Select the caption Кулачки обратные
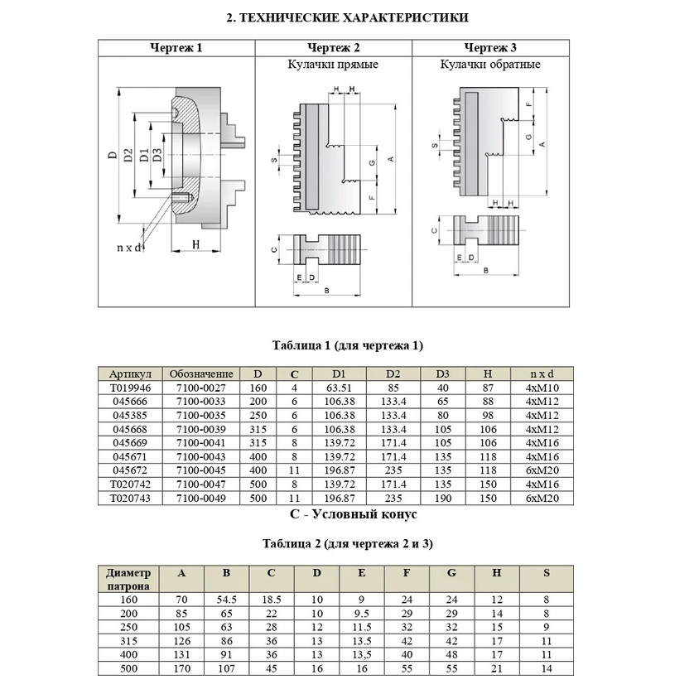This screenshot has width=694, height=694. coord(490,64)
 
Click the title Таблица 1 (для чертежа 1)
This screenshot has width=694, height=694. coord(347,345)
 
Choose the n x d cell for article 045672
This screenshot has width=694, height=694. coord(543,470)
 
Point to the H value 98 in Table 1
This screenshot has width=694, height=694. coord(488,415)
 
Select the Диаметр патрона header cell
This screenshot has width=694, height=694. coord(129,578)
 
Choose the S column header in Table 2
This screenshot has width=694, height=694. coord(545,572)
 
